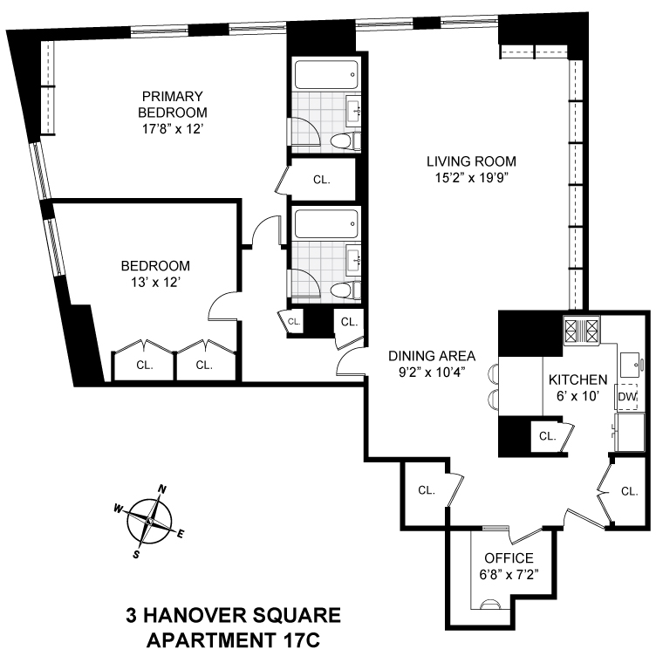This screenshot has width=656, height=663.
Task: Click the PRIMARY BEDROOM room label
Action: click(x=174, y=104)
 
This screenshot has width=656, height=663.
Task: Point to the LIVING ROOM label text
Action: click(x=471, y=161)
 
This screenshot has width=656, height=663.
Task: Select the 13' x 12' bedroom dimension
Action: click(x=155, y=282)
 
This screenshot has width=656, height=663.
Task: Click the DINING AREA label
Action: click(x=432, y=355)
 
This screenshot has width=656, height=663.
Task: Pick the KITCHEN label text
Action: click(x=577, y=380)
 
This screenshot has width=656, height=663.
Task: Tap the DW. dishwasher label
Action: click(x=626, y=396)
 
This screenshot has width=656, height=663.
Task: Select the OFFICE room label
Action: click(x=508, y=558)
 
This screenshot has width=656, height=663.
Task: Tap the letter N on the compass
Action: click(x=161, y=489)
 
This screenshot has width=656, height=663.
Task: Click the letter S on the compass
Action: click(x=137, y=553)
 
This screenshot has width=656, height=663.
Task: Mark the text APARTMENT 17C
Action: click(x=233, y=641)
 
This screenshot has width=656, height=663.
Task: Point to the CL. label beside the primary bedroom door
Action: click(x=322, y=180)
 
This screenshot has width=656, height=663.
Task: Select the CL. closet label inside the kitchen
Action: click(x=547, y=435)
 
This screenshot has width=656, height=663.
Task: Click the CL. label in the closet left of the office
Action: click(x=426, y=490)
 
